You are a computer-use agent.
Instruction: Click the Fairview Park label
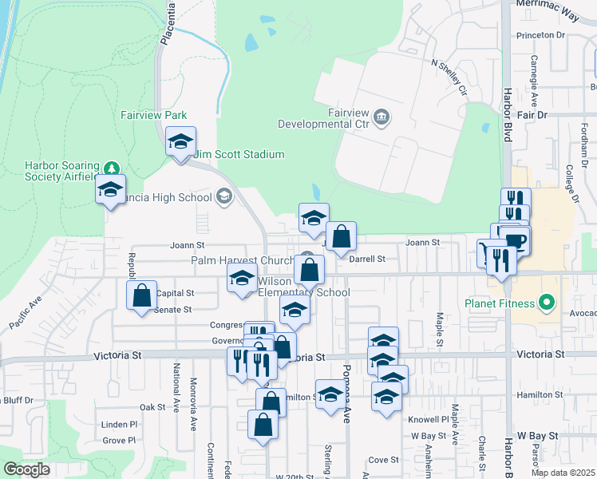[x=153, y=115]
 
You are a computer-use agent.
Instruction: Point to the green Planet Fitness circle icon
[x=547, y=303]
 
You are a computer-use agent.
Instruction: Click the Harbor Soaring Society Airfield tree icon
[x=113, y=168]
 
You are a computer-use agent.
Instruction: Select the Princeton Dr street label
[x=540, y=35]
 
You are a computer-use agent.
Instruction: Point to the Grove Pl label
[x=120, y=440]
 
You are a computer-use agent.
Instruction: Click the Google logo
[x=26, y=469]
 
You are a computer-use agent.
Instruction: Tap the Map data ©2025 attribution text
[x=562, y=473]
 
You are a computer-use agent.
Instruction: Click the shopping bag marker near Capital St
[x=141, y=295]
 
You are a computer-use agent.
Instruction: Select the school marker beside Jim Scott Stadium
[x=181, y=143]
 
